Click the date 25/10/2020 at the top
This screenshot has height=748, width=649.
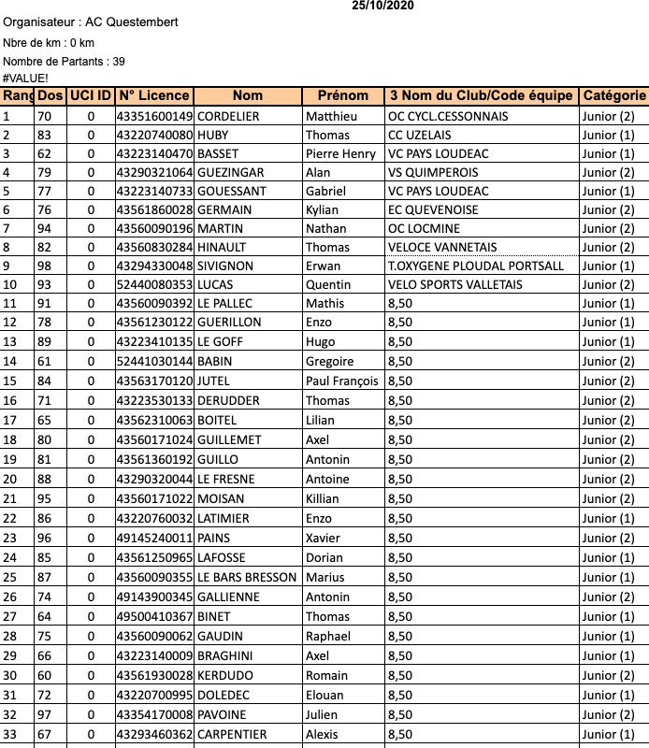pos(383,6)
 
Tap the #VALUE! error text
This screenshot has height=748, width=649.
pos(25,79)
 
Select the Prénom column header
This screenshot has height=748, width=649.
pos(343,95)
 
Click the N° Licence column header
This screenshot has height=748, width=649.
pos(154,95)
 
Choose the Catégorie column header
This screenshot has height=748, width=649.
pos(613,95)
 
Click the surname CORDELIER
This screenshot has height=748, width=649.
pos(228,116)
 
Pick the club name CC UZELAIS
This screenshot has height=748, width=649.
pos(422,135)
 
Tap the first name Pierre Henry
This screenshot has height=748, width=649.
pos(340,153)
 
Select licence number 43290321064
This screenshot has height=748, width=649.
pos(154,172)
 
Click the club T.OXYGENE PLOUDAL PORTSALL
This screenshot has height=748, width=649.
pos(476,266)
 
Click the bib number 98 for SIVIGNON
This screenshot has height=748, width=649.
pos(45,266)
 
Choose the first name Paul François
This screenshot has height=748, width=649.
pos(342,381)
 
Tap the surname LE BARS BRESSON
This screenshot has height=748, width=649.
pos(247,577)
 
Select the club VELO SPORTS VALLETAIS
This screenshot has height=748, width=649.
pos(455,284)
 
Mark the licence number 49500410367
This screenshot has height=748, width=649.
pos(154,616)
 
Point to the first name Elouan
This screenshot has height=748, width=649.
pos(324,695)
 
